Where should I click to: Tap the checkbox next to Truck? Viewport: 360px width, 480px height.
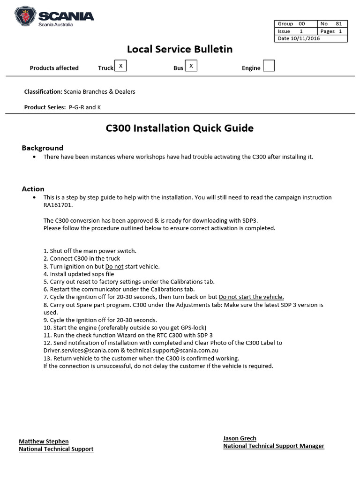[121, 66]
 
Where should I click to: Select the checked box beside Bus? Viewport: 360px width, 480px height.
[191, 66]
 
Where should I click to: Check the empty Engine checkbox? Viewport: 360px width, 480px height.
[269, 66]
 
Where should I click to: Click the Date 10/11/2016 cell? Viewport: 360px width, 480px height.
[299, 38]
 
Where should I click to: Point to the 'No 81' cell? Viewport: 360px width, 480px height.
[332, 24]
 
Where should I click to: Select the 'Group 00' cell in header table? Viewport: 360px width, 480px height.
[296, 24]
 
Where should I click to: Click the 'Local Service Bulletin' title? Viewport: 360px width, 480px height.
[180, 49]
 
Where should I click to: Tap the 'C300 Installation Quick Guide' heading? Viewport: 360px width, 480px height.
[180, 128]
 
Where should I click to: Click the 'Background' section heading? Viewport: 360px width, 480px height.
[42, 148]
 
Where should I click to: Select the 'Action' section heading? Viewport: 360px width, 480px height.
[33, 189]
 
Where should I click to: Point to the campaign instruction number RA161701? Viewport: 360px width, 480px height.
[58, 205]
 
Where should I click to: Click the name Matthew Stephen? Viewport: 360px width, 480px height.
[44, 441]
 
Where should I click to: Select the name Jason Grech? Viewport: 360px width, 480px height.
[240, 438]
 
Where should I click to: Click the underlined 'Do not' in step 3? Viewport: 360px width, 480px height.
[114, 266]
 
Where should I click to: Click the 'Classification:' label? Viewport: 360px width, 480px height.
[43, 91]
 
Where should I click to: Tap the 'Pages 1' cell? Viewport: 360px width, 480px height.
[332, 31]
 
